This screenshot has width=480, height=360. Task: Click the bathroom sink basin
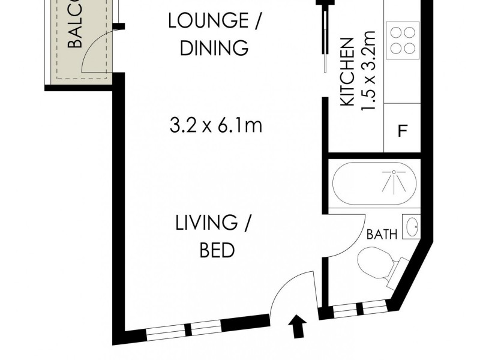pos(412,227)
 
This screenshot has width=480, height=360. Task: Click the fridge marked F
pos(403,131)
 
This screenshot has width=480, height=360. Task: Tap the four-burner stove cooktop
pos(403,39)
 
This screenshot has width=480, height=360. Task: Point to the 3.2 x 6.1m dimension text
pos(217,126)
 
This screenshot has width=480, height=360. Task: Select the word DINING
pos(214,47)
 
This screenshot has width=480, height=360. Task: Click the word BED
pos(217,250)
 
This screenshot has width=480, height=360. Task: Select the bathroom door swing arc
pos(345,237)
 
